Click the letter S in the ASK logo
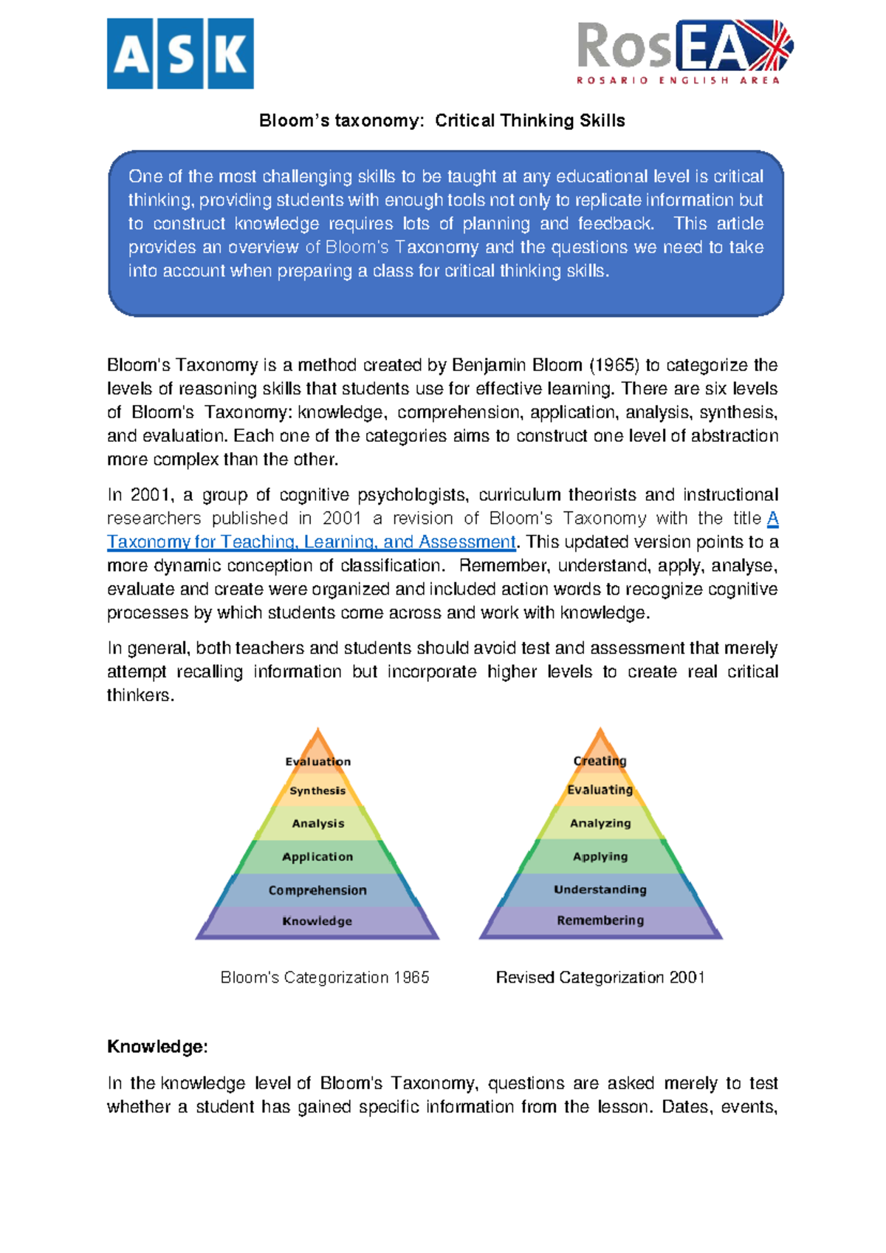pos(180,54)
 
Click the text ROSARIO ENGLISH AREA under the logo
pos(678,80)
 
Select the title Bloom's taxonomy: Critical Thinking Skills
pos(442,120)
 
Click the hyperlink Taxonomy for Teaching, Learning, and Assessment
pos(311,542)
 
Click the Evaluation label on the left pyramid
pos(318,761)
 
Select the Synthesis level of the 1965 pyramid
pos(317,791)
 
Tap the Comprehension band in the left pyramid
pos(317,890)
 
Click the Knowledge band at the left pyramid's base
pos(317,921)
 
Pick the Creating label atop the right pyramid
pos(600,760)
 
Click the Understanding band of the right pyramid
pos(600,890)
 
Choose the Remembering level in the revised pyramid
pos(600,921)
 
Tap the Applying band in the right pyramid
pos(600,856)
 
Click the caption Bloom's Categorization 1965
pos(324,977)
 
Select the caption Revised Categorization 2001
pos(600,977)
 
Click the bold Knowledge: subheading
pos(157,1046)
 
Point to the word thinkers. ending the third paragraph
pos(140,695)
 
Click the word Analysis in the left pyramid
pos(317,823)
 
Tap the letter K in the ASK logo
pos(230,54)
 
